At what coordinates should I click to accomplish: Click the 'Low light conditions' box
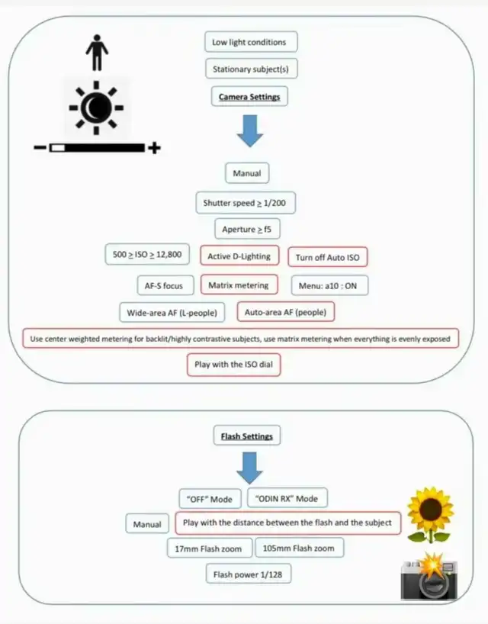251,42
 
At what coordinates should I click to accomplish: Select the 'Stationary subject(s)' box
252,69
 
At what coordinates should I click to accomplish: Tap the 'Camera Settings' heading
249,96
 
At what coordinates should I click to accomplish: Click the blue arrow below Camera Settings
250,131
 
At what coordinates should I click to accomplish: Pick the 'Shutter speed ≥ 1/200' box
246,203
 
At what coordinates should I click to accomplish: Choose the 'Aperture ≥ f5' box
247,229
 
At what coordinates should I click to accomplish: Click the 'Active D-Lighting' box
239,256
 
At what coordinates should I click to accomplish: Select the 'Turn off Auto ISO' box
328,257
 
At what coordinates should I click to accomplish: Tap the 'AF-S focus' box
165,285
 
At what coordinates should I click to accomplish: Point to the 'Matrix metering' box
239,285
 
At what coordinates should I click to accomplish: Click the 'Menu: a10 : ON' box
329,285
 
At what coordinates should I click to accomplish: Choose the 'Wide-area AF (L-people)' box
172,313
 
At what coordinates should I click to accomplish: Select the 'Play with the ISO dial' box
234,365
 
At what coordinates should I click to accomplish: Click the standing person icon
97,53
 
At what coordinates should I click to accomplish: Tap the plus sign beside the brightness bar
154,148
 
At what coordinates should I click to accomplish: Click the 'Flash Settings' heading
247,436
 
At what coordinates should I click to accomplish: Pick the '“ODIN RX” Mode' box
287,498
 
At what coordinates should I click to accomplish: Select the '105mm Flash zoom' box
299,548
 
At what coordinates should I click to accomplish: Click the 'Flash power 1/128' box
248,574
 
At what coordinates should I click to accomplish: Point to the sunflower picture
430,515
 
